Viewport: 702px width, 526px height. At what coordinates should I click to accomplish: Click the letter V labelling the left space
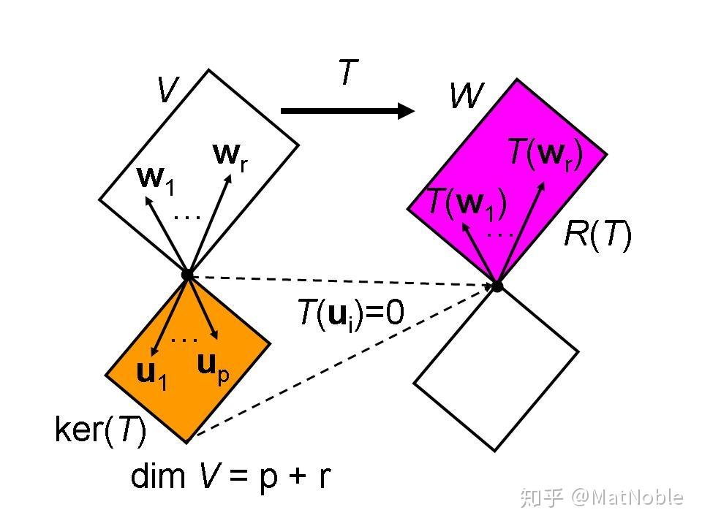point(168,90)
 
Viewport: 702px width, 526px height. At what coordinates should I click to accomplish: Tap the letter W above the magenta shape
point(467,95)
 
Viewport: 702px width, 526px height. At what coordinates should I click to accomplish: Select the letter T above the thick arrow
point(349,73)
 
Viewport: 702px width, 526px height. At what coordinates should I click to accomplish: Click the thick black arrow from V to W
point(347,111)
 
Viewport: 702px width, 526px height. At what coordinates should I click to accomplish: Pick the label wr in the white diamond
point(230,156)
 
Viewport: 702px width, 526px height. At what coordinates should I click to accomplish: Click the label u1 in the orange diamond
point(152,373)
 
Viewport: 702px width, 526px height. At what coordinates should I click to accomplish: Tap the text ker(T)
point(100,430)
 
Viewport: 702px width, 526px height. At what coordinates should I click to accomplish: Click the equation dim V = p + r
point(230,476)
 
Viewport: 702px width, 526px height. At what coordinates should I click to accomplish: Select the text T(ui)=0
point(350,313)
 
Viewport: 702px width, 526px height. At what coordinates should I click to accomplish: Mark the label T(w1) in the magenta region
point(466,202)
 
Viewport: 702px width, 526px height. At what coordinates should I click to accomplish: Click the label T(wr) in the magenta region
point(545,153)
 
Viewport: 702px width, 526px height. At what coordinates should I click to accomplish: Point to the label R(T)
point(597,235)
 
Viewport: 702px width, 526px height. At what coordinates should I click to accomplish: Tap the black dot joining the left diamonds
point(187,275)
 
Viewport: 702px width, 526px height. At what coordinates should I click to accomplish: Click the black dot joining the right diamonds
point(497,286)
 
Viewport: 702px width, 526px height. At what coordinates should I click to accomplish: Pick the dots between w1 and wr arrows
point(188,216)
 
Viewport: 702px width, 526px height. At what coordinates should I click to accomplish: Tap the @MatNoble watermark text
point(627,498)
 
